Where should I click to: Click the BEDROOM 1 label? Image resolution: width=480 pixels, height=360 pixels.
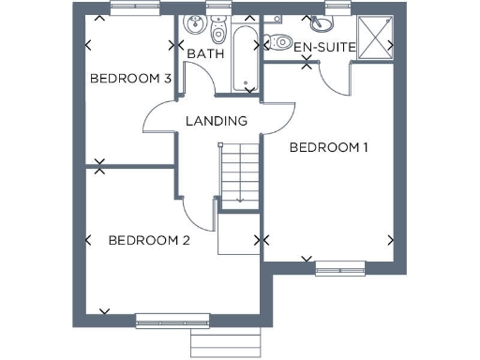click(328, 147)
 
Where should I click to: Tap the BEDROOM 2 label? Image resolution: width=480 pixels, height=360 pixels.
click(149, 241)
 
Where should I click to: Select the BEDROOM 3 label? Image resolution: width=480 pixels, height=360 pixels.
click(129, 79)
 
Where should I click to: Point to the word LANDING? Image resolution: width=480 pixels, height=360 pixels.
click(216, 121)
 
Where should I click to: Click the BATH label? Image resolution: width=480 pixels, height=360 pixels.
click(204, 54)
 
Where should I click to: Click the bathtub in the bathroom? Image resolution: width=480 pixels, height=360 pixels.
click(245, 56)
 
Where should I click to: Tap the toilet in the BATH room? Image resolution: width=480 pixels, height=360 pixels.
click(219, 32)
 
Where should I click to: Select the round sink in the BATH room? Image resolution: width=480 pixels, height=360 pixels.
click(196, 25)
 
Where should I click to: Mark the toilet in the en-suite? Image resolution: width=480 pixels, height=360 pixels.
click(280, 41)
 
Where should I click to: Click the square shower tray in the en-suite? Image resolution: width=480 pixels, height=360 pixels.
click(374, 38)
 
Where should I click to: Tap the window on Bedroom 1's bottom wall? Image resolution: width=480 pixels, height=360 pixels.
click(338, 271)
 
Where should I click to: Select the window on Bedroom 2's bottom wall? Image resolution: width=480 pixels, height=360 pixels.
click(166, 322)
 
